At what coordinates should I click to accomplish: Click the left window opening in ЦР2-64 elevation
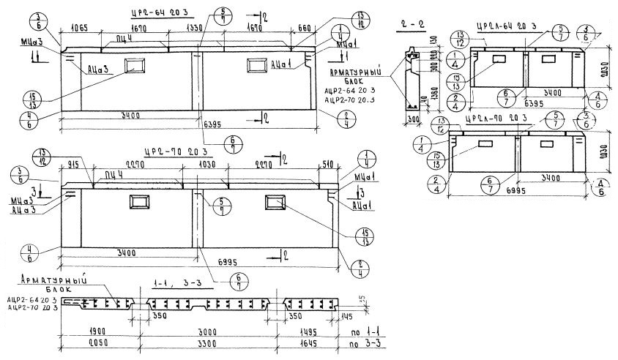(136, 66)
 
